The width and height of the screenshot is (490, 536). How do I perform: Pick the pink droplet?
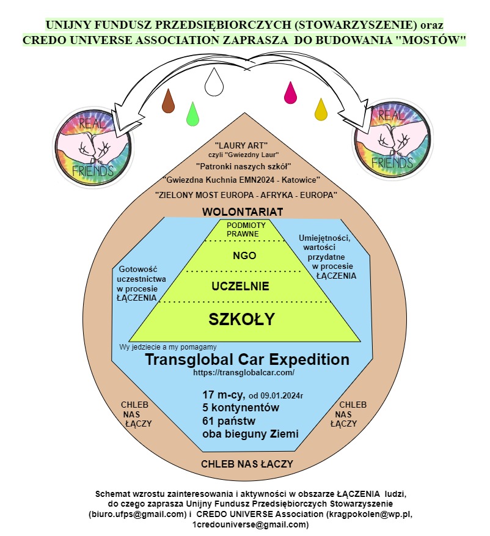coord(290,92)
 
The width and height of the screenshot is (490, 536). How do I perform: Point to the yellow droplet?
coord(321,110)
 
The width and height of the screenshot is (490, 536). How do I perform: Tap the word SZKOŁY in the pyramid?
coord(242,319)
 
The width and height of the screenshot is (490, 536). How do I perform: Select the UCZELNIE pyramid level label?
coord(240,286)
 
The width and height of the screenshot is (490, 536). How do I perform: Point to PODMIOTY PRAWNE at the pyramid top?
coord(243,230)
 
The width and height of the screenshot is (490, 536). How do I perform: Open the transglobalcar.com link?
coord(244,372)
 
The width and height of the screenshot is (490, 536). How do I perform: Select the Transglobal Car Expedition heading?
coord(247,359)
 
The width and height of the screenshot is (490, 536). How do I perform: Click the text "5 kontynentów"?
coord(241,408)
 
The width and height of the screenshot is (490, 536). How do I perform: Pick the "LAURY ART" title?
coord(243,145)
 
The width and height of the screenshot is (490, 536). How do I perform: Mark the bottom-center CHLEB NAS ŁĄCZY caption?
coord(247,464)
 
